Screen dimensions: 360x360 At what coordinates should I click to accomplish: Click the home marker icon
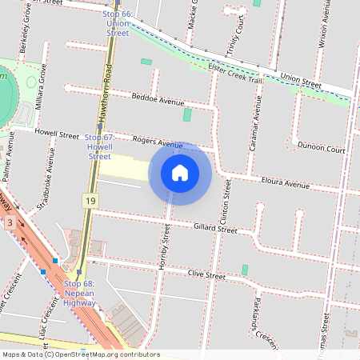tap(180, 172)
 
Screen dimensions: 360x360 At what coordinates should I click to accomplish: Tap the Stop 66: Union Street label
tap(118, 24)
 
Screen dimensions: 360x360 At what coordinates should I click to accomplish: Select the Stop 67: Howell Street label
tap(99, 147)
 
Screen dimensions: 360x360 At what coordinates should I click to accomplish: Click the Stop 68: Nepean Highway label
tap(80, 293)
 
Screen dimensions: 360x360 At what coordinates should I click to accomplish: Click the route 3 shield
tap(10, 221)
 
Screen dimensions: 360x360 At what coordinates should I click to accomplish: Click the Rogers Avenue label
tap(158, 142)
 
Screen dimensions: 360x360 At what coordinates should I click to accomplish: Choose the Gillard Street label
tap(215, 229)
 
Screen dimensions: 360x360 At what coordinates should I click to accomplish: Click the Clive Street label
tap(206, 274)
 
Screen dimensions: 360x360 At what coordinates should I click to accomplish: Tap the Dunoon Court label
tap(321, 149)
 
